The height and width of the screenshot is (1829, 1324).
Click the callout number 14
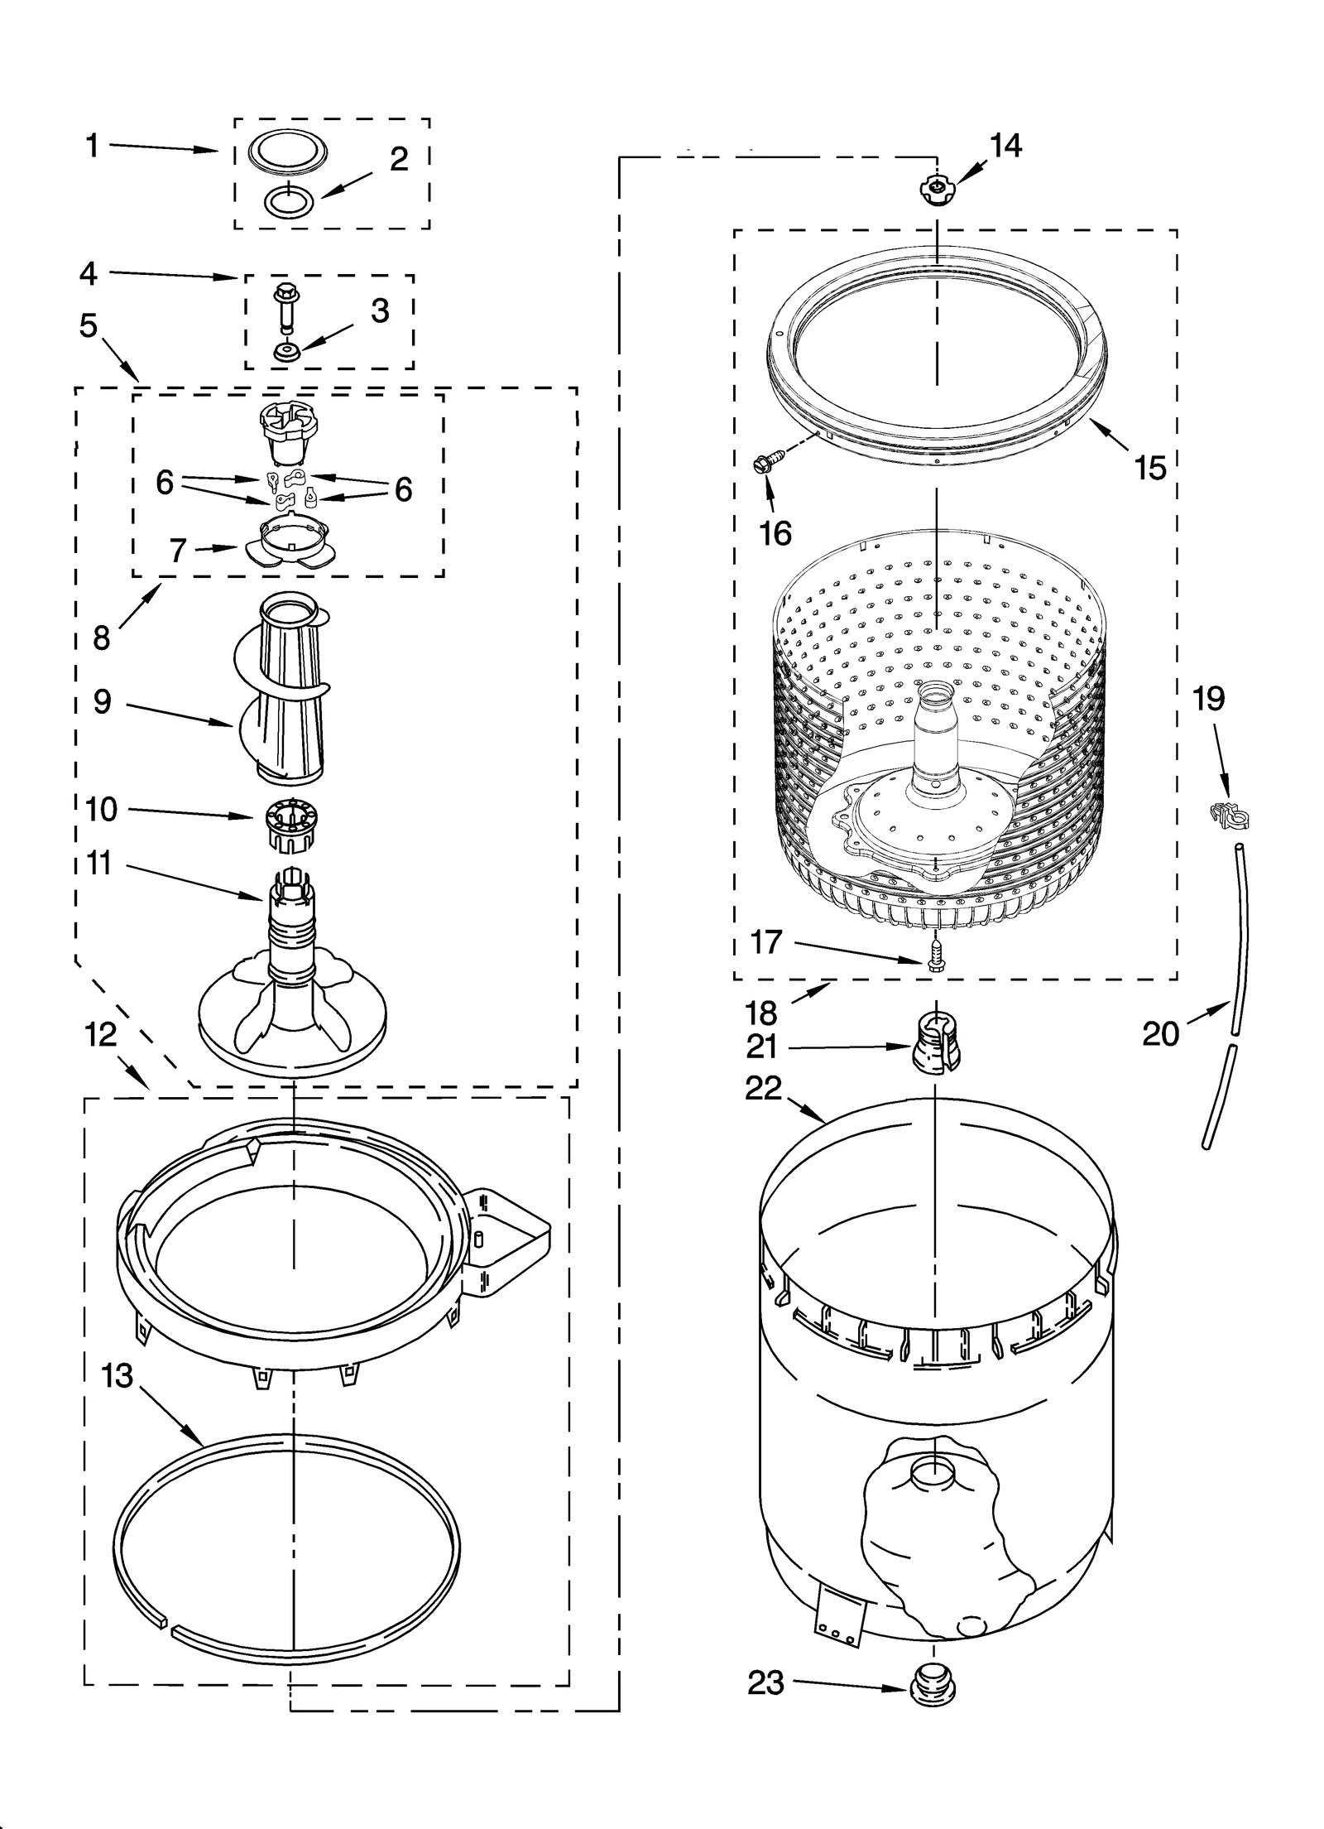point(1005,146)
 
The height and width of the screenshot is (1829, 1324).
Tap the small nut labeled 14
point(935,189)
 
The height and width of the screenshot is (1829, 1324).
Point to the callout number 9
point(102,702)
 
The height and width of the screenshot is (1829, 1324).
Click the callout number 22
point(763,1089)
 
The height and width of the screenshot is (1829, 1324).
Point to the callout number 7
point(178,550)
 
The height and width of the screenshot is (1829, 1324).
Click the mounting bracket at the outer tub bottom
point(838,1611)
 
